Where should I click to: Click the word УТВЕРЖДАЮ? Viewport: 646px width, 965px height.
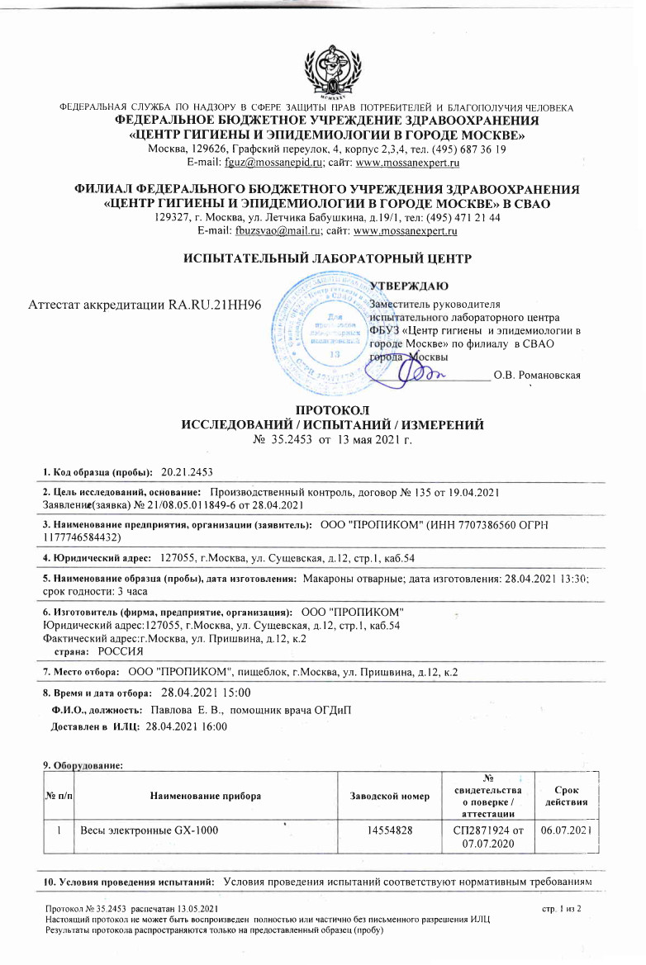click(x=409, y=286)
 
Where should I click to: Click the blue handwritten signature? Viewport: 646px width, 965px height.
click(x=417, y=373)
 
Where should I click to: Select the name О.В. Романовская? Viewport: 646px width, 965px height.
click(x=537, y=376)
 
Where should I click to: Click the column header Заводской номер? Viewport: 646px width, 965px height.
click(x=391, y=796)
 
